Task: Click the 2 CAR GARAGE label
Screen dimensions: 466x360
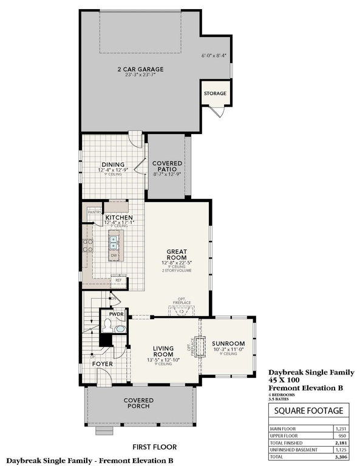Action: pos(140,70)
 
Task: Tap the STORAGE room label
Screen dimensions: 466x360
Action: pos(214,93)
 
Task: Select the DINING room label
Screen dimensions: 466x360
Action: pos(113,164)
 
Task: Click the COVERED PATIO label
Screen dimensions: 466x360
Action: pos(167,164)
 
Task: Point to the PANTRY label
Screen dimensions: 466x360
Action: pos(94,212)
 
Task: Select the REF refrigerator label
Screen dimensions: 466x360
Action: pos(119,280)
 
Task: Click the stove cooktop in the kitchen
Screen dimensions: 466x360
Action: pos(87,246)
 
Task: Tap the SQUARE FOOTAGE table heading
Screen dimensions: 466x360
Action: pos(310,411)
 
